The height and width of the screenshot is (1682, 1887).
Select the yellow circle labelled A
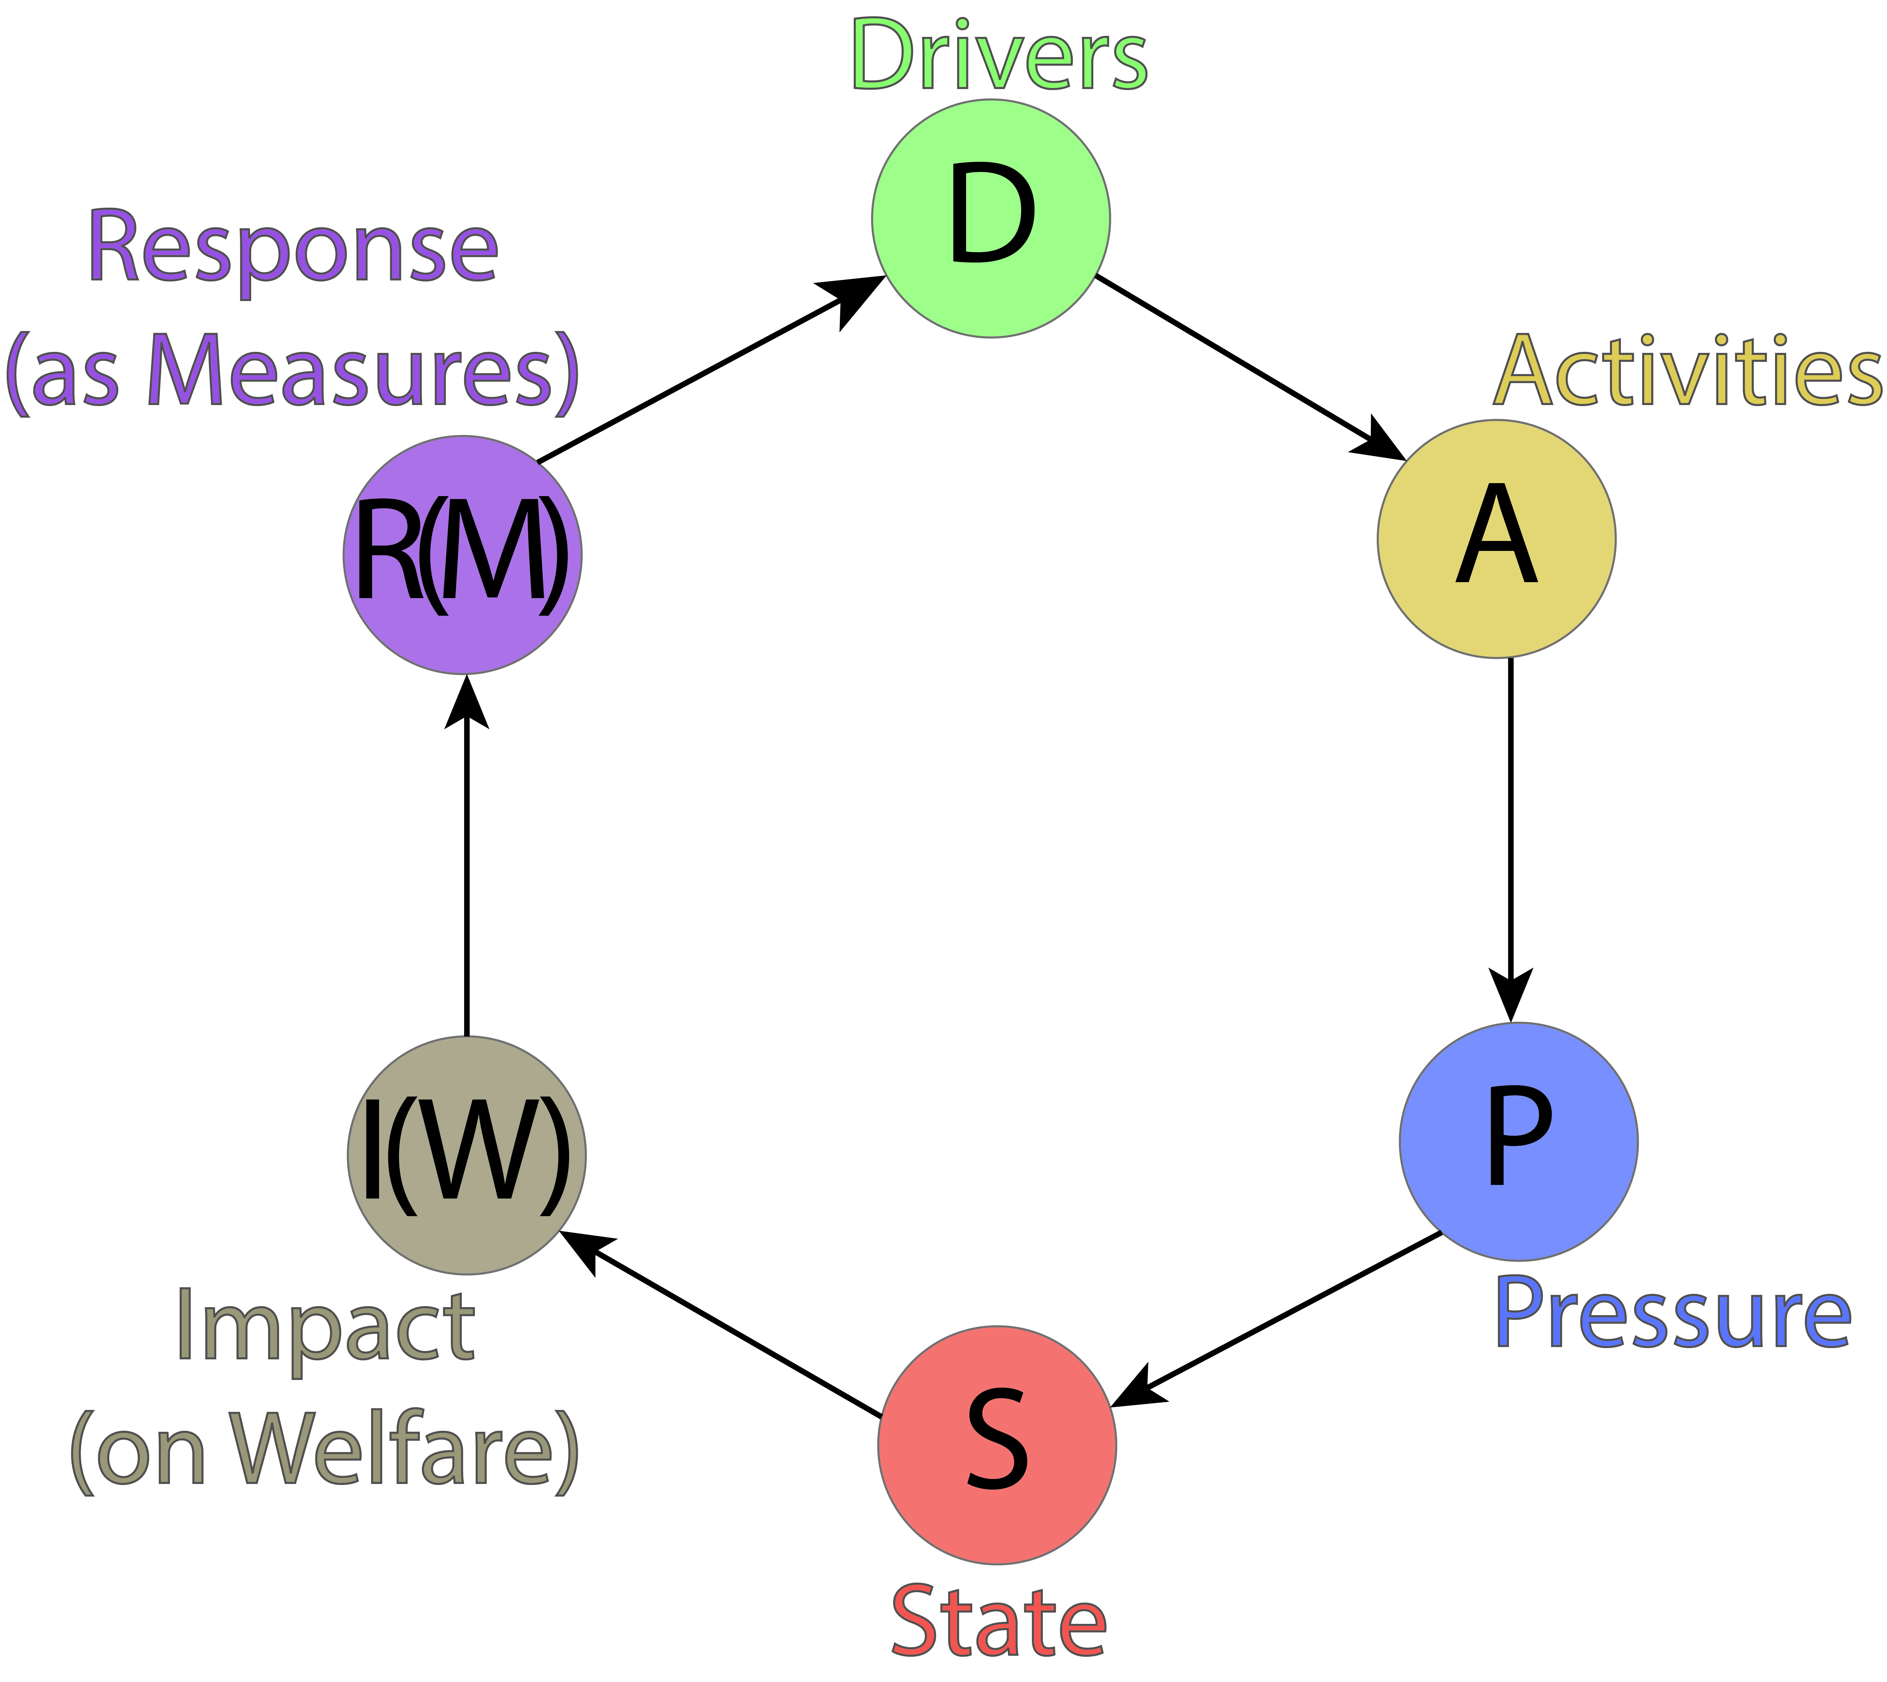[x=1496, y=539]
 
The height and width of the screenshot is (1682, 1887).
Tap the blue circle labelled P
[x=1518, y=1141]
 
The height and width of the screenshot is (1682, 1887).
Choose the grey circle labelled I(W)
[x=467, y=1155]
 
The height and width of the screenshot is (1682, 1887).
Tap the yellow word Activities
[x=1687, y=371]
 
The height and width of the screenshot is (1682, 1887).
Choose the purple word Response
[x=293, y=248]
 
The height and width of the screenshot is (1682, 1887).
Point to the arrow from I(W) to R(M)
[x=467, y=860]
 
